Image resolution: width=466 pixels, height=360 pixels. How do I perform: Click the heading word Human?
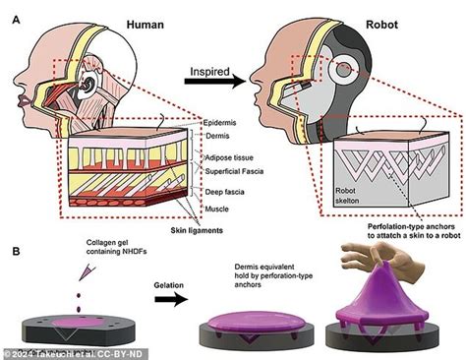(132, 14)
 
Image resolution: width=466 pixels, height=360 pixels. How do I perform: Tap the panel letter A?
(14, 12)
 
